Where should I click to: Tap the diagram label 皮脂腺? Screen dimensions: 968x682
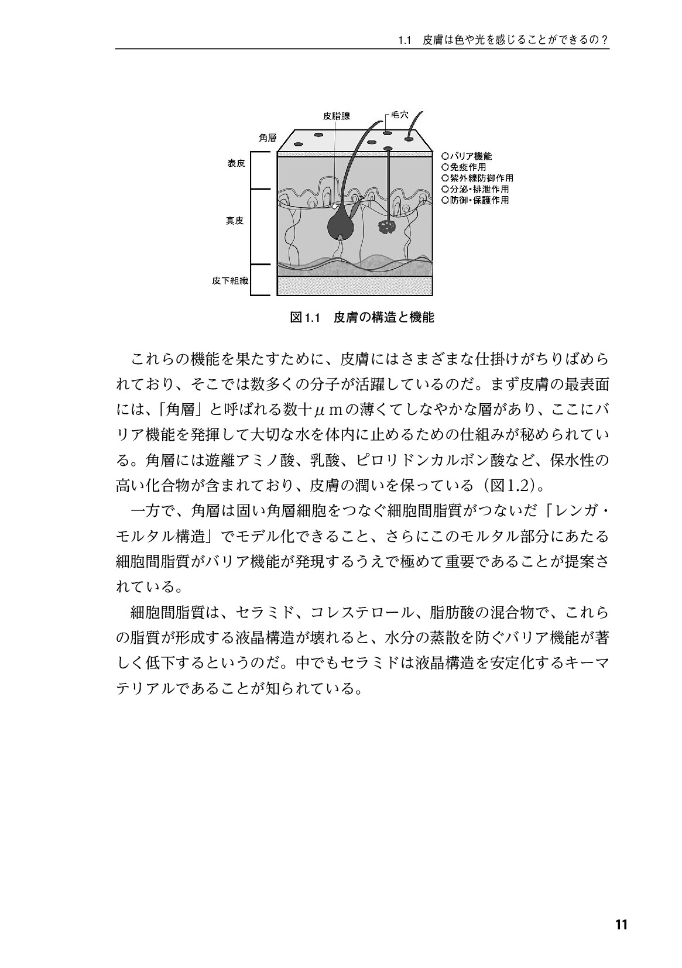pyautogui.click(x=337, y=116)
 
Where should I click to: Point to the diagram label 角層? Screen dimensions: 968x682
pyautogui.click(x=268, y=138)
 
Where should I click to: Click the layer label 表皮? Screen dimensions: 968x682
pyautogui.click(x=236, y=164)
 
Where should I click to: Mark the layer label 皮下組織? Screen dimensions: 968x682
pyautogui.click(x=230, y=281)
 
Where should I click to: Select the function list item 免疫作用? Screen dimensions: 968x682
pyautogui.click(x=464, y=167)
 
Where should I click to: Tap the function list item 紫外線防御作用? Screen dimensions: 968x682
pyautogui.click(x=478, y=178)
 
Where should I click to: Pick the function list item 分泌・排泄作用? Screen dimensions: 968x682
pyautogui.click(x=475, y=189)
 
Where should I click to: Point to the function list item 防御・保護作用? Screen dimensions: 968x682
pyautogui.click(x=475, y=200)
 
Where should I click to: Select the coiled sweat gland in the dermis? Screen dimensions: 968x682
pyautogui.click(x=386, y=228)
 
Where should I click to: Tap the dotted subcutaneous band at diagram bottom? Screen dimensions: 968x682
pyautogui.click(x=355, y=286)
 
